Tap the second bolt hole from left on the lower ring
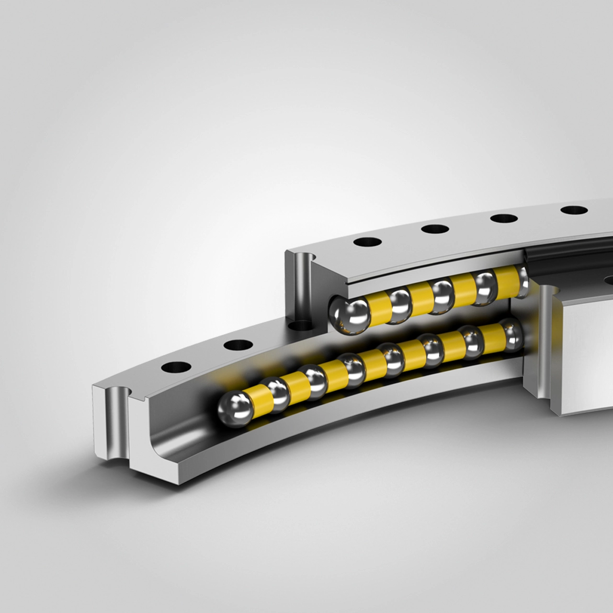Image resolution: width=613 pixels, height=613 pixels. pos(238,344)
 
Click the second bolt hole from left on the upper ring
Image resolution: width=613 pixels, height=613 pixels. pos(435,229)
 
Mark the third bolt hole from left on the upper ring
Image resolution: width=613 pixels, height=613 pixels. pos(504,218)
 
